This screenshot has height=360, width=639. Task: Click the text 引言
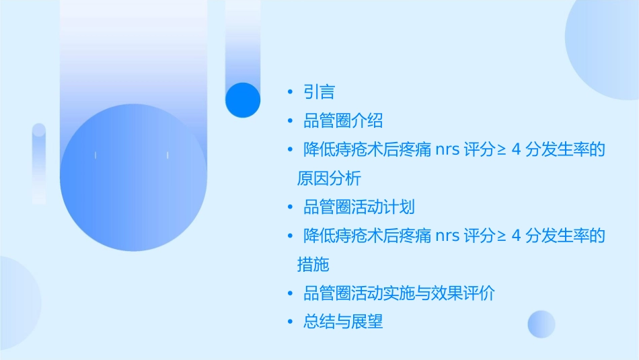point(319,92)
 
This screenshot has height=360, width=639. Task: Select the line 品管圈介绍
point(343,121)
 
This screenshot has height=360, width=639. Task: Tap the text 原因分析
point(329,178)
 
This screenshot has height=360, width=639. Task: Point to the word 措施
point(313,264)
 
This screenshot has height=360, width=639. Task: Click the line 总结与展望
point(343,322)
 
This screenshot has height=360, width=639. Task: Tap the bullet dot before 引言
point(290,92)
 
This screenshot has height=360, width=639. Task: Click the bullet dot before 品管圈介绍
point(290,121)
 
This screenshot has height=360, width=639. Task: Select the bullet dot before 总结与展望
point(290,322)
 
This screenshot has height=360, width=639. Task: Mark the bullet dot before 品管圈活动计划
point(290,207)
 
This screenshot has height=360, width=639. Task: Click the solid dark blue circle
point(242,100)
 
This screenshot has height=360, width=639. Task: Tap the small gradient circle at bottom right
point(541,324)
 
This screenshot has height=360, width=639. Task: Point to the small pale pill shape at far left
point(39,164)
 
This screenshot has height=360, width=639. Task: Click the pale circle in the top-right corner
point(605,47)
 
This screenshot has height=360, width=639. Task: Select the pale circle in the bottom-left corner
point(17,303)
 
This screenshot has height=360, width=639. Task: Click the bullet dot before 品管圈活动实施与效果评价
point(290,293)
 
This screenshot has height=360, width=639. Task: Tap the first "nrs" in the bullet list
point(447,150)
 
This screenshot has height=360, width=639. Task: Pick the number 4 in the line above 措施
point(517,236)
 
